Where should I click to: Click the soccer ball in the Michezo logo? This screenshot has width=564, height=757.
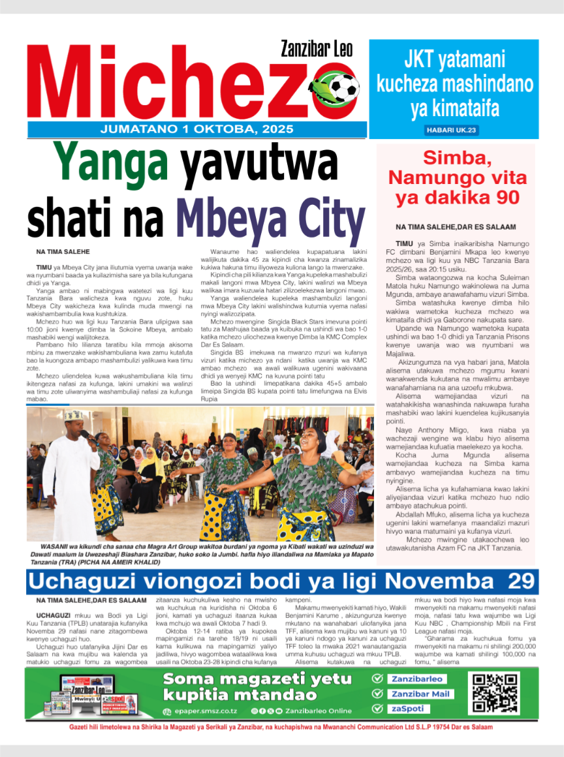(x=345, y=87)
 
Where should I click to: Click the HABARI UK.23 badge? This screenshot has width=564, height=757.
(x=452, y=131)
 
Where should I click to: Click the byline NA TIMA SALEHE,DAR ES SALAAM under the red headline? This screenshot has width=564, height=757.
(x=456, y=226)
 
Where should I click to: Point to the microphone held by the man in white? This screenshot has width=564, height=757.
(x=85, y=436)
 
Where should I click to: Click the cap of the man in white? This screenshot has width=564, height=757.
(x=74, y=415)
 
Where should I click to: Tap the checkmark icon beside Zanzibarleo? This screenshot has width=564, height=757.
(x=377, y=678)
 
